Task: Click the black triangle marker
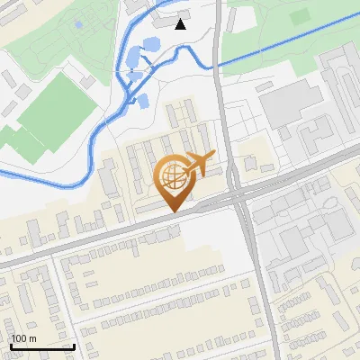click(181, 24)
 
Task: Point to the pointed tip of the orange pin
click(172, 211)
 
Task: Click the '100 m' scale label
click(23, 338)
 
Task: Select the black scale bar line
click(42, 346)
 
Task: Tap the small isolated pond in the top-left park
click(77, 24)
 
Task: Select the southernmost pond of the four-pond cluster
click(141, 99)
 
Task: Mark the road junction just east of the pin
click(236, 193)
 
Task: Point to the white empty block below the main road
click(211, 243)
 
